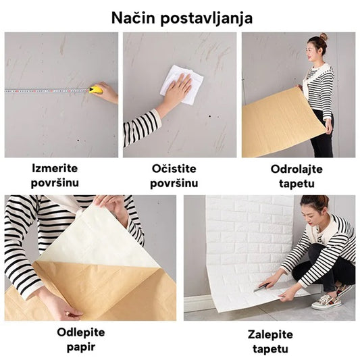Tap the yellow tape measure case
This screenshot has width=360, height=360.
coord(97,89)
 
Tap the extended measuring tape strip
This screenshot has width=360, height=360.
coord(47,90)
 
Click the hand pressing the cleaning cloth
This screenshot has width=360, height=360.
coord(176,91)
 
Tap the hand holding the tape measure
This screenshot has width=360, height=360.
coord(107,93)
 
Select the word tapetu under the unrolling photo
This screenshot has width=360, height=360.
coord(297,184)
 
